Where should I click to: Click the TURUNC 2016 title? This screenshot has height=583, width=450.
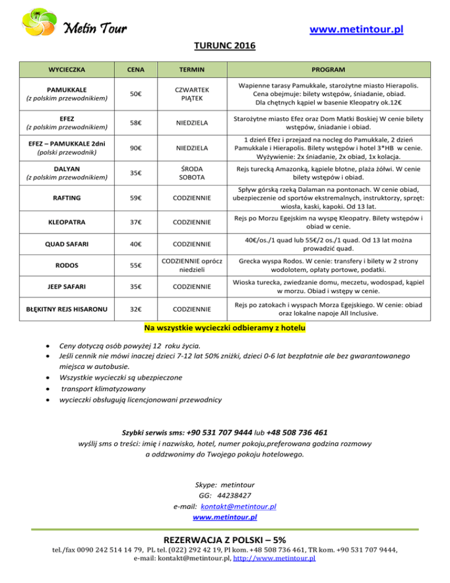coord(225,45)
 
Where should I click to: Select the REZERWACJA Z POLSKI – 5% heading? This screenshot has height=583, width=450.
coord(225,540)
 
